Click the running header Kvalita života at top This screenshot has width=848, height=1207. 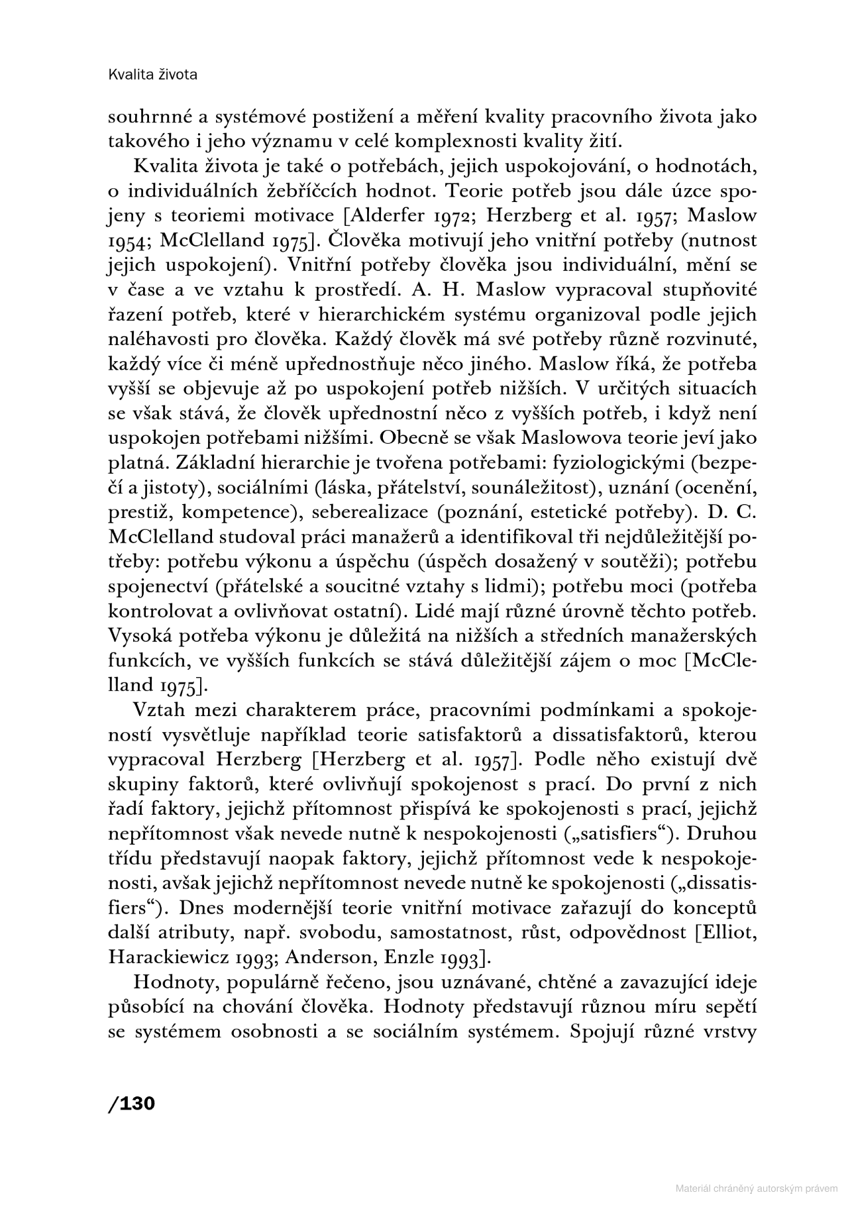152,74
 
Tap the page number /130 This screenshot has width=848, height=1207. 131,1104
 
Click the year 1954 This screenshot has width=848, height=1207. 130,240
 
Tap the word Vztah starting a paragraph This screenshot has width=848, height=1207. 162,710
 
